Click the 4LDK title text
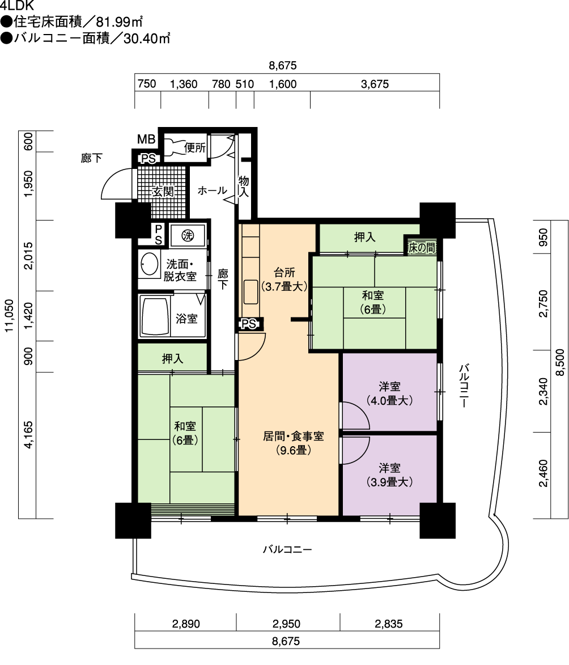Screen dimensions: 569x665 coord(17,6)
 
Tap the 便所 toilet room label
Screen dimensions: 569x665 coord(194,147)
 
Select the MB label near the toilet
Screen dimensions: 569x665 coord(146,139)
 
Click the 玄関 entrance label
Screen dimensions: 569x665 coord(163,192)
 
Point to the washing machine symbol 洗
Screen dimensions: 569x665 coord(188,235)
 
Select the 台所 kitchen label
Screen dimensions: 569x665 coord(284,272)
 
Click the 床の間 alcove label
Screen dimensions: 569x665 coord(422,248)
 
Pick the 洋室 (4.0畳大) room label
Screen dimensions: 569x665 coord(390,393)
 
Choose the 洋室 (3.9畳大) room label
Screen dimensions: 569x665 coord(390,475)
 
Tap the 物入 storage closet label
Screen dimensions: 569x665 coord(244,187)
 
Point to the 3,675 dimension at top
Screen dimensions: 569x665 coord(375,84)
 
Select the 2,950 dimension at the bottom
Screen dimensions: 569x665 coord(286,624)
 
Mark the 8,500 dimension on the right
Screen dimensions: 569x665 coord(560,362)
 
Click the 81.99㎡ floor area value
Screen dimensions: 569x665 coord(118,21)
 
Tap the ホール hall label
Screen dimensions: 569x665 coord(212,190)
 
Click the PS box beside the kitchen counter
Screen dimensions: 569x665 coord(249,324)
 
